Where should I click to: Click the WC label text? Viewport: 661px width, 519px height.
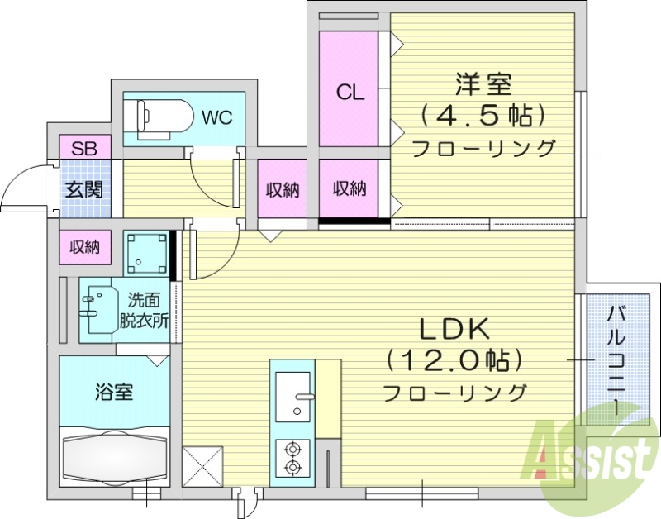pyautogui.click(x=217, y=117)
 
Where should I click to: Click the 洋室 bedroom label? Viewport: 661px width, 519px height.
pyautogui.click(x=483, y=84)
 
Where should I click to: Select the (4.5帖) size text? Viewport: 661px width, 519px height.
pyautogui.click(x=483, y=117)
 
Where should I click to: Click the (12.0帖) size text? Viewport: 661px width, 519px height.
pyautogui.click(x=454, y=360)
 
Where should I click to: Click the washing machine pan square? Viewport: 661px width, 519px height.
pyautogui.click(x=145, y=253)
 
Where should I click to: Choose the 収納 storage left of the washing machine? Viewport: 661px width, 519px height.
pyautogui.click(x=84, y=246)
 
